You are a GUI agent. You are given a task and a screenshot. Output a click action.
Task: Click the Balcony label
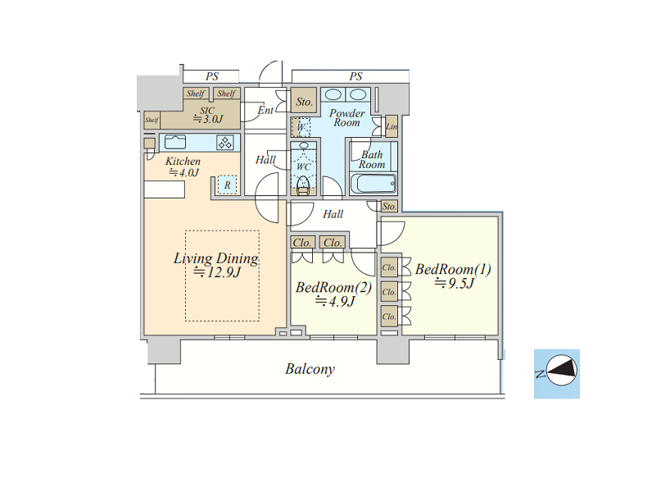[x=310, y=369]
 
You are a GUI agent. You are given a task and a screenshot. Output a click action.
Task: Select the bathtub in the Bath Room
[x=374, y=184]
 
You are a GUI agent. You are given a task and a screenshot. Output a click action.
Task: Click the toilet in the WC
[x=303, y=184]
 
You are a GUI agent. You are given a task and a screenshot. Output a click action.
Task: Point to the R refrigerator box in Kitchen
[x=227, y=184]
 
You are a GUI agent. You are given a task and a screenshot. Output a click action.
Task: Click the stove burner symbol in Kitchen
[x=224, y=143]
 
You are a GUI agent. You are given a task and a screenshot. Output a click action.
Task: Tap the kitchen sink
[x=175, y=142]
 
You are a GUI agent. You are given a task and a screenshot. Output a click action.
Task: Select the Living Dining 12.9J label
[x=216, y=265]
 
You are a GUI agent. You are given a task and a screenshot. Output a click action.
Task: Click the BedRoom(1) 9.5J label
[x=453, y=276]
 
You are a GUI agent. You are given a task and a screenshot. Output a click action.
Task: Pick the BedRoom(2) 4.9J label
[x=334, y=294]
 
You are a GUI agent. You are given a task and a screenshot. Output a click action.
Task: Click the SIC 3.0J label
[x=208, y=115]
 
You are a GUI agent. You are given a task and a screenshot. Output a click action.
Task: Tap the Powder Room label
[x=347, y=118]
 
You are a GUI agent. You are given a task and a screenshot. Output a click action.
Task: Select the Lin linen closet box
[x=392, y=126]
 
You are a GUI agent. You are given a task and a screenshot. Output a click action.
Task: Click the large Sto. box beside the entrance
[x=304, y=101]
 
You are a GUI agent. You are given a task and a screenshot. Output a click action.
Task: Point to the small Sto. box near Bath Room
[x=389, y=207]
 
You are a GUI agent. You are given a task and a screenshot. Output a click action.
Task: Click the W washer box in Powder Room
[x=301, y=127]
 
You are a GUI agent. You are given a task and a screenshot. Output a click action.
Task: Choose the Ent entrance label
[x=265, y=110]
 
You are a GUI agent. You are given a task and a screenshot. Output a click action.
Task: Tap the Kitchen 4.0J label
[x=183, y=166]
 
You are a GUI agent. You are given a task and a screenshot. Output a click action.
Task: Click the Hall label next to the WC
[x=265, y=160]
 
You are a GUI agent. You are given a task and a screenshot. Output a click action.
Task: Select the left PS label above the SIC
[x=212, y=76]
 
